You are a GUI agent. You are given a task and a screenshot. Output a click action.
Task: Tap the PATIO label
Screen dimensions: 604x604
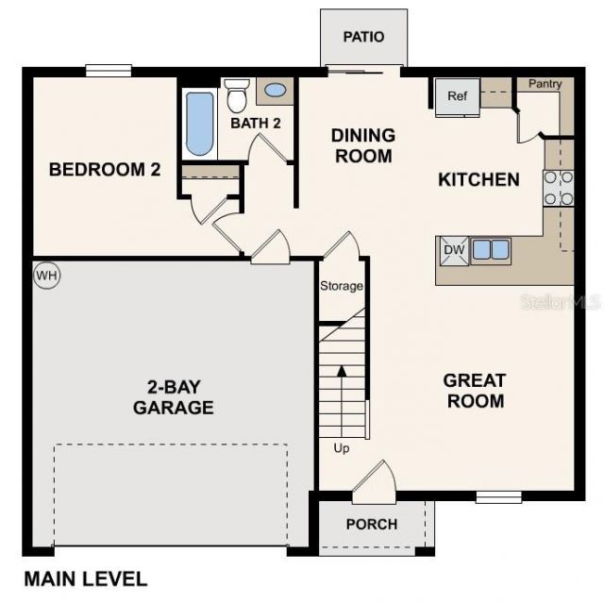tap(363, 37)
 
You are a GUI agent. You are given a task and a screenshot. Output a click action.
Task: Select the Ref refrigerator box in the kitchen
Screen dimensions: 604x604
tap(458, 95)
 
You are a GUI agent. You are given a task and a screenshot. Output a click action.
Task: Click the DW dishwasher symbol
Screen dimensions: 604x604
tap(452, 250)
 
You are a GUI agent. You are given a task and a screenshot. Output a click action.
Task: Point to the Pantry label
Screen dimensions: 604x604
tap(545, 84)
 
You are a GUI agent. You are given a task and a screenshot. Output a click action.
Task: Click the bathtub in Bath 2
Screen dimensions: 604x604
tap(199, 123)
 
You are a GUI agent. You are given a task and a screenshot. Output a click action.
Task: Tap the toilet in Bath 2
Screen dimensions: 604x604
tap(237, 96)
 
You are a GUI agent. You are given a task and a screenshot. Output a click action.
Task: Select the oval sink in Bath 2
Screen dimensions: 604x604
tap(276, 91)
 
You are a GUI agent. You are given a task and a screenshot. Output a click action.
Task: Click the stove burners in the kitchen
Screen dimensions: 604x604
tap(558, 188)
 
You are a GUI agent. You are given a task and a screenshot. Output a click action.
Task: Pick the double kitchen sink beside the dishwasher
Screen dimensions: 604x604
tap(491, 250)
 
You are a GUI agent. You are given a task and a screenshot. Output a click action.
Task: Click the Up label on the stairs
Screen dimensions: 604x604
tap(342, 448)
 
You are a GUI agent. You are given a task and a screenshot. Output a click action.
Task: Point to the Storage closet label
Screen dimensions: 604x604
tap(342, 286)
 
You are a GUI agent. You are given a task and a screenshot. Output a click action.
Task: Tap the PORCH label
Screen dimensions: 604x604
tap(372, 524)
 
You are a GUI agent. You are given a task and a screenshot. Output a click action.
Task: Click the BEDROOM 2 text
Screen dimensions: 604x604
tap(105, 170)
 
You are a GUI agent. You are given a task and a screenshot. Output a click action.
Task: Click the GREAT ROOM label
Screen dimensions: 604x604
tap(475, 391)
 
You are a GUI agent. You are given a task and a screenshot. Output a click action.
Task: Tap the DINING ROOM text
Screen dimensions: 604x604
tap(362, 145)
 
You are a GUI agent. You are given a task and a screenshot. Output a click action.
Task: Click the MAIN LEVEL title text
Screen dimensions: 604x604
tap(85, 579)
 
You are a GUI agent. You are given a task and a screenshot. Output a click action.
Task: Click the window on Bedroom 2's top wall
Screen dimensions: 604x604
tap(108, 70)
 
